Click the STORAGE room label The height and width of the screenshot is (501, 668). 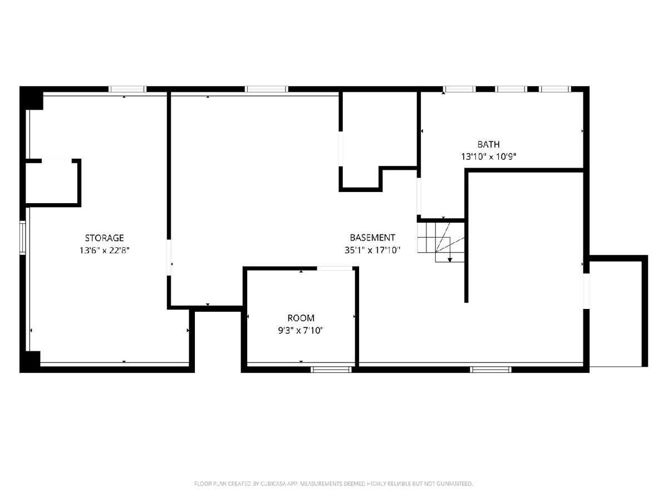104,238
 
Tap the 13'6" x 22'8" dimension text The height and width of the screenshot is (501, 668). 105,250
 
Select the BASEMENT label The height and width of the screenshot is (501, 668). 372,238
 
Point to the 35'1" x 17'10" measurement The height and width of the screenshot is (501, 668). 372,250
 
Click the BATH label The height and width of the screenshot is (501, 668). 488,144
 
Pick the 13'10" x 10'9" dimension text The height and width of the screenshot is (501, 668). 488,156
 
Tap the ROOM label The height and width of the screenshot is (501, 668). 301,318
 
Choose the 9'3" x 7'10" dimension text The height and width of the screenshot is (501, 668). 301,330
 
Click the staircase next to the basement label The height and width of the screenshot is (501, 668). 441,242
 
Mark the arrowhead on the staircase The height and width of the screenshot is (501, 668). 450,260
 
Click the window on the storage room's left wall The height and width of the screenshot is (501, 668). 22,238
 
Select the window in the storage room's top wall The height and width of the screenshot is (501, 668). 127,89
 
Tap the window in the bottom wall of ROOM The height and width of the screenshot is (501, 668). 331,370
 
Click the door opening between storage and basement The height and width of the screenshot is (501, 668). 169,257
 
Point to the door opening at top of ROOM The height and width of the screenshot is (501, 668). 335,268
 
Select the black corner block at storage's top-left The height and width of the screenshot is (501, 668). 31,98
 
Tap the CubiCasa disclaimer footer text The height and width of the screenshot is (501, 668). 333,484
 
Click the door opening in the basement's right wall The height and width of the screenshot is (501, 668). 586,291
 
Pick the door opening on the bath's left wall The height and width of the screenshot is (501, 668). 419,197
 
